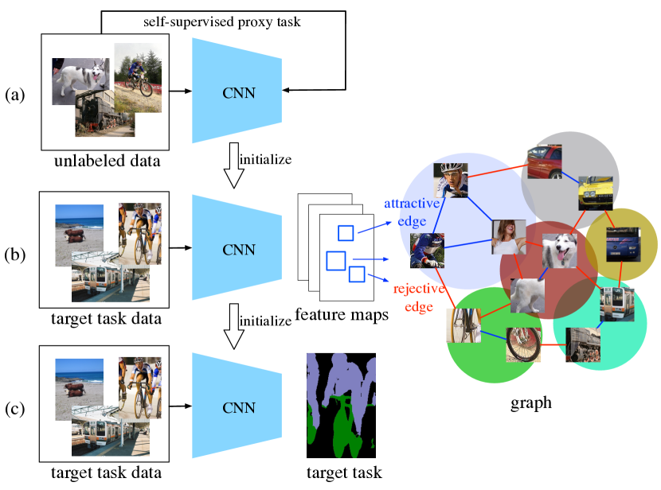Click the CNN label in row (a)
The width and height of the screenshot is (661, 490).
point(239,93)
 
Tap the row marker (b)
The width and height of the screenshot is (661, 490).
point(15,255)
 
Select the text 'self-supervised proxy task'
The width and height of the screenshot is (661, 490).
point(222,21)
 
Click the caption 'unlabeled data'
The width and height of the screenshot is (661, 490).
point(107,161)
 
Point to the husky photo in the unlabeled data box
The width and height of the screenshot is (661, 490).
point(80,80)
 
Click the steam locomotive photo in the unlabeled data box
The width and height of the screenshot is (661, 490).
point(105,113)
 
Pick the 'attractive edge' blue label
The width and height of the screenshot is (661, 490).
point(412,212)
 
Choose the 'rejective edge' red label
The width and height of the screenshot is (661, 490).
point(419,297)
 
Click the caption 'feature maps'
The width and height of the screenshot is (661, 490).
point(342,314)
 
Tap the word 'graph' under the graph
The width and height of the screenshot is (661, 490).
point(530,402)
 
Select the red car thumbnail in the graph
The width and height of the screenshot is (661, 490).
point(545,161)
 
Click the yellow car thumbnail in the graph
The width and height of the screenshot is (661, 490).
point(595,193)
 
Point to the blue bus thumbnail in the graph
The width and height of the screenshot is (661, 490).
point(623,244)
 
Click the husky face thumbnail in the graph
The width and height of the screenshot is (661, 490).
point(559,251)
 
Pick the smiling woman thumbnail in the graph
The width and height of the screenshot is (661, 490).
point(509,236)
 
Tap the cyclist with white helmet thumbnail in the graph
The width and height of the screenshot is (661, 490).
point(451,181)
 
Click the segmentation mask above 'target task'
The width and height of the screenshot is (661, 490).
point(341,406)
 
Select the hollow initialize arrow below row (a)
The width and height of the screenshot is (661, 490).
point(233,165)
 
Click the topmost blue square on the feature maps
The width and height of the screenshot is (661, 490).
point(346,233)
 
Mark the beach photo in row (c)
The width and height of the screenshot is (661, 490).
point(80,390)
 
